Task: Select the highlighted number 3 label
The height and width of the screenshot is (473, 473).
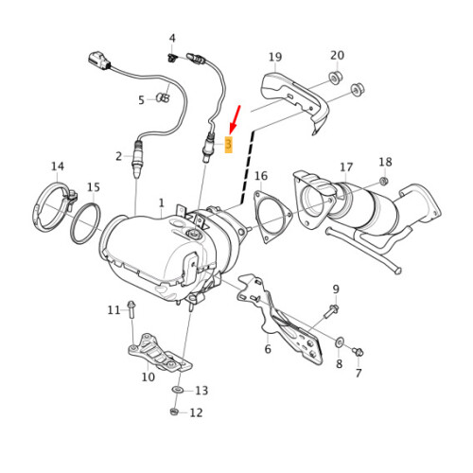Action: point(228,143)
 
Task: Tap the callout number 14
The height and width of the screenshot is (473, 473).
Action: point(58,166)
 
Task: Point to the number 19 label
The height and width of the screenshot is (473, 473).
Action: point(275,58)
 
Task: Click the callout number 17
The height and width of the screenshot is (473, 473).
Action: point(346,167)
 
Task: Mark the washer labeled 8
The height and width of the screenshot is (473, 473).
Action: point(340,340)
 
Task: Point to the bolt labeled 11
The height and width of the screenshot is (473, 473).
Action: point(131,308)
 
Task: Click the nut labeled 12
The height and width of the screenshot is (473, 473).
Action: point(173,412)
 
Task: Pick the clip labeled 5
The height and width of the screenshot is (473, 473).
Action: point(163,96)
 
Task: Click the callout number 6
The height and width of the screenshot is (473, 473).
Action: point(268,349)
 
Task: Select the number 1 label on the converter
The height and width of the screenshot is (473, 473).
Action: point(161,203)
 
